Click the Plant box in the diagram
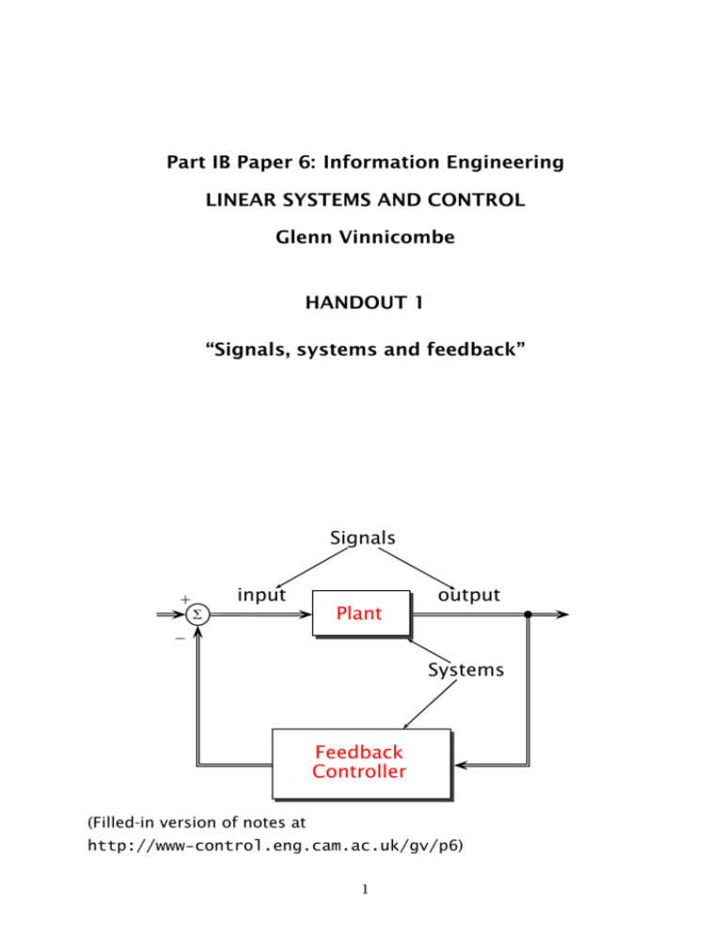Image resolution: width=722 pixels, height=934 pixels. [x=360, y=614]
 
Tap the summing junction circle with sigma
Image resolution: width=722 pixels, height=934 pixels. [x=196, y=615]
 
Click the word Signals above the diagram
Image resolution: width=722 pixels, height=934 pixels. [x=363, y=538]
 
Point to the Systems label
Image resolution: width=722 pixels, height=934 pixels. [x=465, y=671]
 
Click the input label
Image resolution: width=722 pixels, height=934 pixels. [x=262, y=595]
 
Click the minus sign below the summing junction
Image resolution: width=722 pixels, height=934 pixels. [x=180, y=637]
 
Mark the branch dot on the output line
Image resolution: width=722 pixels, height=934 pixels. [x=528, y=615]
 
